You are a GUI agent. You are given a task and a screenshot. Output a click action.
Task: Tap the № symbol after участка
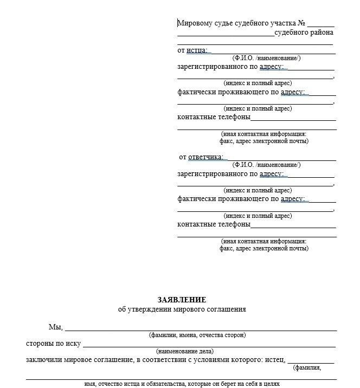coord(302,23)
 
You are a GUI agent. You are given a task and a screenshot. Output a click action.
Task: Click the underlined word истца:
coord(197,50)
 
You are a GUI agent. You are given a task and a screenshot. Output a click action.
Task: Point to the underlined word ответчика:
coord(206,157)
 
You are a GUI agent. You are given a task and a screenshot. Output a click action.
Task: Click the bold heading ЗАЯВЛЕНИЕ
coord(182,300)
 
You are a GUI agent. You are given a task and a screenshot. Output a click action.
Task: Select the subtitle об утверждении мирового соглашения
coord(182,309)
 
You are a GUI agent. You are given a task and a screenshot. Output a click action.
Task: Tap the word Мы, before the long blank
coord(56,327)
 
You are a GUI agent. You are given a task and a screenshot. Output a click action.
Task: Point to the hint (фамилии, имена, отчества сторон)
coord(197,335)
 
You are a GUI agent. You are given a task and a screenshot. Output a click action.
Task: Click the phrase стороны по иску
coord(53,344)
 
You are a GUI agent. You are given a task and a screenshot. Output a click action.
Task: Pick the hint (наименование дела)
coord(185,351)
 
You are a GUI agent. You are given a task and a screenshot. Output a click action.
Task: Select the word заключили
coord(43,360)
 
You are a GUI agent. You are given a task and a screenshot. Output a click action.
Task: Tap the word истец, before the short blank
coord(275,360)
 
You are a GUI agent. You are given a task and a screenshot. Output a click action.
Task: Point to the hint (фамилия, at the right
coord(307,368)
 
